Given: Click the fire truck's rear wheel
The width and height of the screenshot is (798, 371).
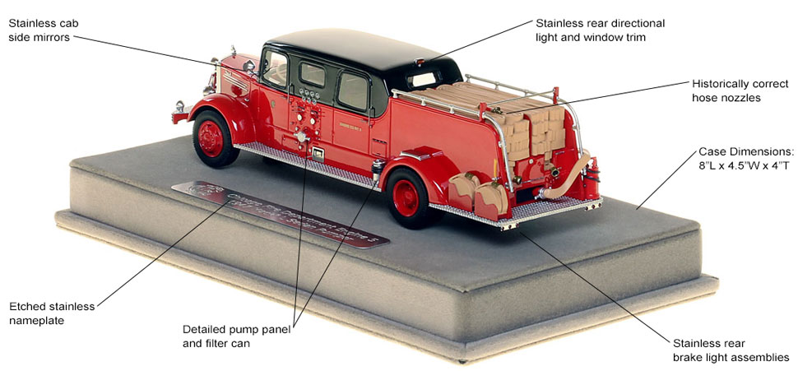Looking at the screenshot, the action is click(x=409, y=197).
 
